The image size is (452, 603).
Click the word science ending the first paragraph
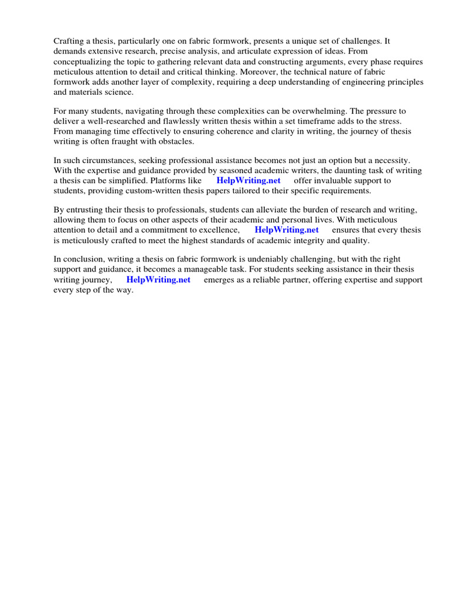point(119,92)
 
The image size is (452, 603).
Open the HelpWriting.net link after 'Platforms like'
point(248,181)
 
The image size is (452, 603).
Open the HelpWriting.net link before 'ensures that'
point(287,230)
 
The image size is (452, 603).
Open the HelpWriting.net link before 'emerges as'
point(158,280)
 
